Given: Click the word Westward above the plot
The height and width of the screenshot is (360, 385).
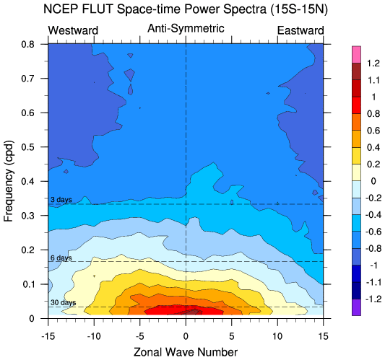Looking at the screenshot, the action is (73, 30).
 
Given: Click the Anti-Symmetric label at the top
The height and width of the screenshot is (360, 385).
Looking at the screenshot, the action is (186, 29).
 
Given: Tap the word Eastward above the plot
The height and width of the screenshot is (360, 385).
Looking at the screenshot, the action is (300, 30).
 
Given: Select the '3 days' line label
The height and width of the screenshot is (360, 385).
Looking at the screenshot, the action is (61, 200).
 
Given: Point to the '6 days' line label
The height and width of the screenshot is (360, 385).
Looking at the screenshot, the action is (61, 258).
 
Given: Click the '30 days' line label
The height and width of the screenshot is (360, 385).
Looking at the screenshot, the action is (63, 302).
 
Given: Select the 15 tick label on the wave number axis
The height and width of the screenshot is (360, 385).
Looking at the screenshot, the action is (323, 336).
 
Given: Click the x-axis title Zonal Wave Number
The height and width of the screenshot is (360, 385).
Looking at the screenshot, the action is (186, 352).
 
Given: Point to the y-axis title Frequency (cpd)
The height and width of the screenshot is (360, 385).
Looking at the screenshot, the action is (9, 181).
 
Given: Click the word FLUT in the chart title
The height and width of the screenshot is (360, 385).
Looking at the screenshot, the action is (98, 9).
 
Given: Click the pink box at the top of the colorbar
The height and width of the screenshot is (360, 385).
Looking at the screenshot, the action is (356, 54).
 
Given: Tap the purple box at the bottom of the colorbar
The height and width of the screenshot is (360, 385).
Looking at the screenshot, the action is (356, 307).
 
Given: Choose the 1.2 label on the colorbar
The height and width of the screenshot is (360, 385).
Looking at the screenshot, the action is (373, 63).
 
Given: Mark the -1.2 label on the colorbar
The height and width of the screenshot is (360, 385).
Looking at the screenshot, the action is (373, 299).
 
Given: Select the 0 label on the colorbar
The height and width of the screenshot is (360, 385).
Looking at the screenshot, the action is (373, 181).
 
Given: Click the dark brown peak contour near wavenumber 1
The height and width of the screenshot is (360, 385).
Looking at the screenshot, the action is (192, 312).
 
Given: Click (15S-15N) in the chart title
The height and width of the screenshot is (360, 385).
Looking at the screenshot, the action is (299, 9).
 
